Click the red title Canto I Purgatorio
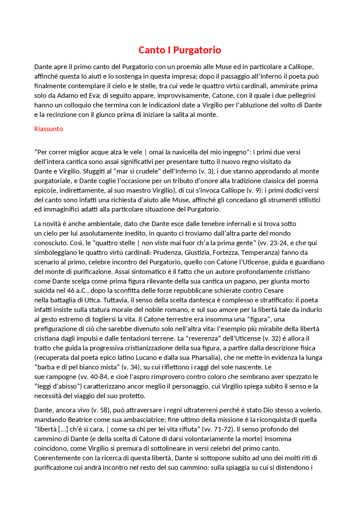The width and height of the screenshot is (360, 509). pos(180,50)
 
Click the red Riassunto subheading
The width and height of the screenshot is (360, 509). pos(48,129)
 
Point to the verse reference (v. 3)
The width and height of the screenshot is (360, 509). pos(206,171)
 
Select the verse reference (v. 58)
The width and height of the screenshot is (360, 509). pos(100,410)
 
